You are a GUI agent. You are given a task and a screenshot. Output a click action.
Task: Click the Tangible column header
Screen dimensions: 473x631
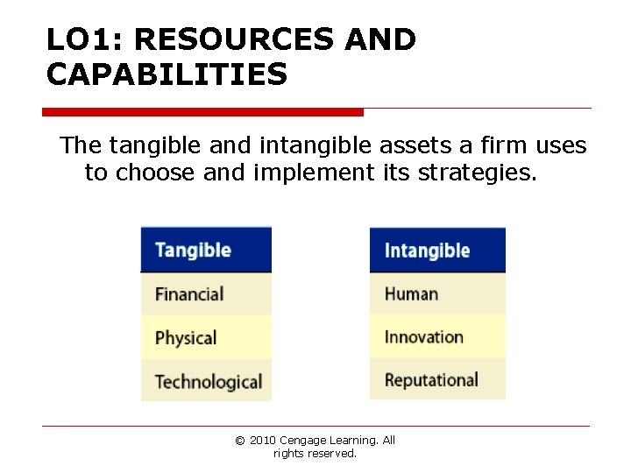coord(205,250)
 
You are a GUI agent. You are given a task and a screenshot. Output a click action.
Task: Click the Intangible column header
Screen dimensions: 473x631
coord(436,250)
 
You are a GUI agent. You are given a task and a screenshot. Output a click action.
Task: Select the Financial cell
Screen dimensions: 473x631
coord(205,294)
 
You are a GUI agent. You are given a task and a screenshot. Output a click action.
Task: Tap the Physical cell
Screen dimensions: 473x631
coord(205,338)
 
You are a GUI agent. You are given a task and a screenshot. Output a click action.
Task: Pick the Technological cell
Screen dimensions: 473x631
coord(207,382)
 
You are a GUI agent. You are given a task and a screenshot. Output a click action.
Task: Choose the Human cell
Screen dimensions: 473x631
coord(436,293)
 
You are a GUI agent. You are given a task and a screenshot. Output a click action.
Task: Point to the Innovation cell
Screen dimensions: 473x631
coord(436,337)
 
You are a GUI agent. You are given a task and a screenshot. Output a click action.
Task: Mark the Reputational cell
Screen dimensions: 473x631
coord(436,380)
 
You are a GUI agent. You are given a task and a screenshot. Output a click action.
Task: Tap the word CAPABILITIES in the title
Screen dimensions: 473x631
coord(167,75)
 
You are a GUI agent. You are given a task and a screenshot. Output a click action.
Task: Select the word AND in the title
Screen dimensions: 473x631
coord(380,40)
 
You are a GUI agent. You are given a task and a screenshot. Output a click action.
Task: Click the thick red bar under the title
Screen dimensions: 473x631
coord(202,112)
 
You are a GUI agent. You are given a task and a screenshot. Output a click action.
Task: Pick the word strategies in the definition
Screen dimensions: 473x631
coord(476,173)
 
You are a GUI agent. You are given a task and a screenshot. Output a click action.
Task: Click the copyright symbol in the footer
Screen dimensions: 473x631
coord(239,441)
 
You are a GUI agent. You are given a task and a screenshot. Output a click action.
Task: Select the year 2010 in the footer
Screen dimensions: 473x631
coord(262,441)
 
